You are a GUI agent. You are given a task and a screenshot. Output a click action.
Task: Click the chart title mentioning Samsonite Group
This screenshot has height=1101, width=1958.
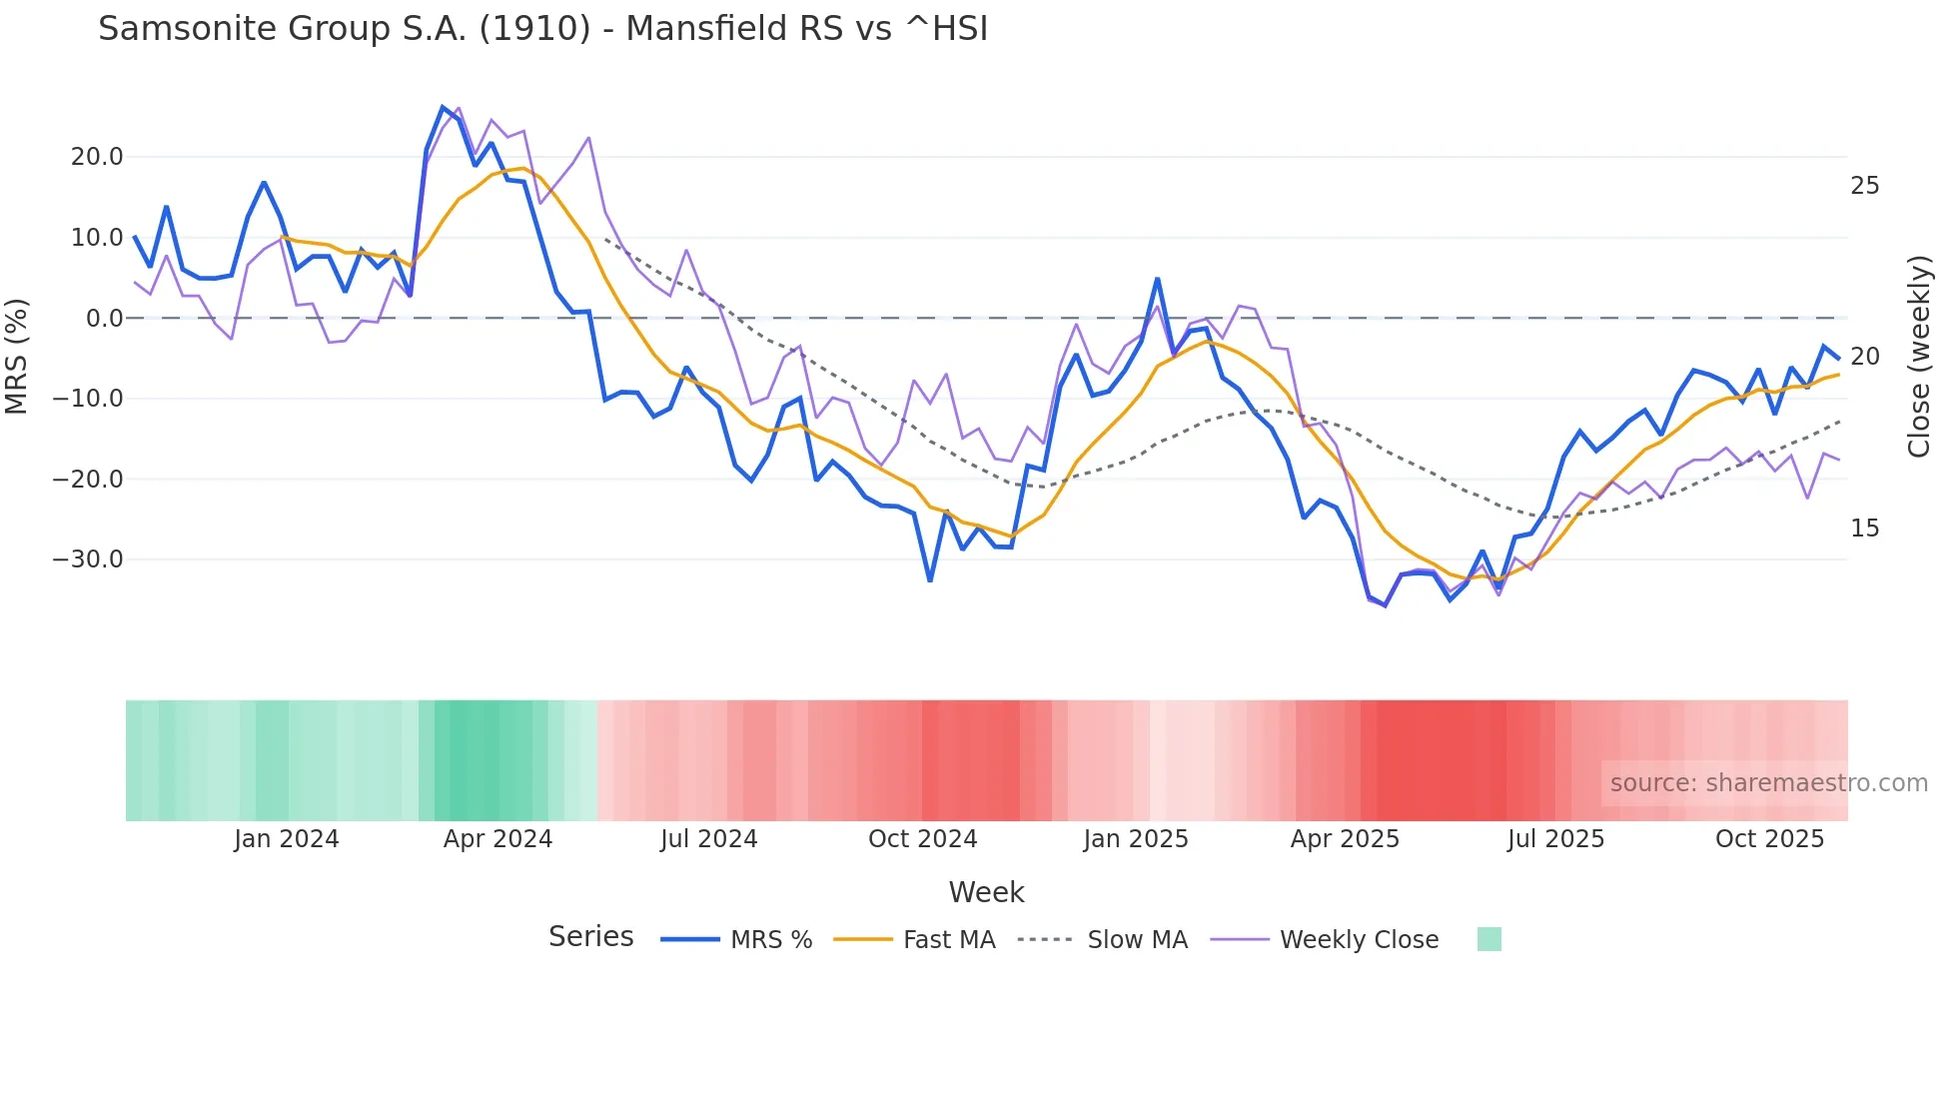coord(542,29)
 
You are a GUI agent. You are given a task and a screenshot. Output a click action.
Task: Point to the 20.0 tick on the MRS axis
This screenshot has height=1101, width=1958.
coord(97,157)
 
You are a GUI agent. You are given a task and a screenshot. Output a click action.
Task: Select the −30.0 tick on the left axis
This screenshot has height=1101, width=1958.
coord(88,559)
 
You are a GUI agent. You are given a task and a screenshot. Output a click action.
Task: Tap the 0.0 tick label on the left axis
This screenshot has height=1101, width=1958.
coord(104,319)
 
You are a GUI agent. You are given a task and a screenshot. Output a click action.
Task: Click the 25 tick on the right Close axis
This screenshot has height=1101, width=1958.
coord(1864,186)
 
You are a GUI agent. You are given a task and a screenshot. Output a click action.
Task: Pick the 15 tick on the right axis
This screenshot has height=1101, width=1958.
coord(1864,529)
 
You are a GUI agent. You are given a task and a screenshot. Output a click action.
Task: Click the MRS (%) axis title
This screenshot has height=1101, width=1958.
coord(17,357)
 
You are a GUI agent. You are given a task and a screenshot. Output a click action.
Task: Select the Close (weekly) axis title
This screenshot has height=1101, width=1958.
coord(1918,357)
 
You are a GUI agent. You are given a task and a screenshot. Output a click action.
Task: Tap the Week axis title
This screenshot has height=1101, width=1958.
coord(986,892)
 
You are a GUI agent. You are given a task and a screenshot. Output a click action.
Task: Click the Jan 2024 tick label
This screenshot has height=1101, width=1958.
coord(287,839)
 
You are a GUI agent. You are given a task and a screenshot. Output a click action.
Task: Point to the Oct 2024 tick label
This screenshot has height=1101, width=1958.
coord(922,839)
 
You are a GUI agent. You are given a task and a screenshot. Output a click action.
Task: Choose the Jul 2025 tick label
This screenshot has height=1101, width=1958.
coord(1555,839)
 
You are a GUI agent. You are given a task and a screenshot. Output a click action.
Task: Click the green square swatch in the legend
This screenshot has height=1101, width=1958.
coord(1488,939)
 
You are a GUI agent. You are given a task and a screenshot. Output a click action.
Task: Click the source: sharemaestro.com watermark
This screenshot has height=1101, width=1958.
coord(1768,783)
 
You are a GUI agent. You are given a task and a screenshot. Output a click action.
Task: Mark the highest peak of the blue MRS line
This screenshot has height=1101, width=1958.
coord(443,107)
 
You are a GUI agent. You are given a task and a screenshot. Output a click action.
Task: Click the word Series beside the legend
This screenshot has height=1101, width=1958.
coord(590,937)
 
